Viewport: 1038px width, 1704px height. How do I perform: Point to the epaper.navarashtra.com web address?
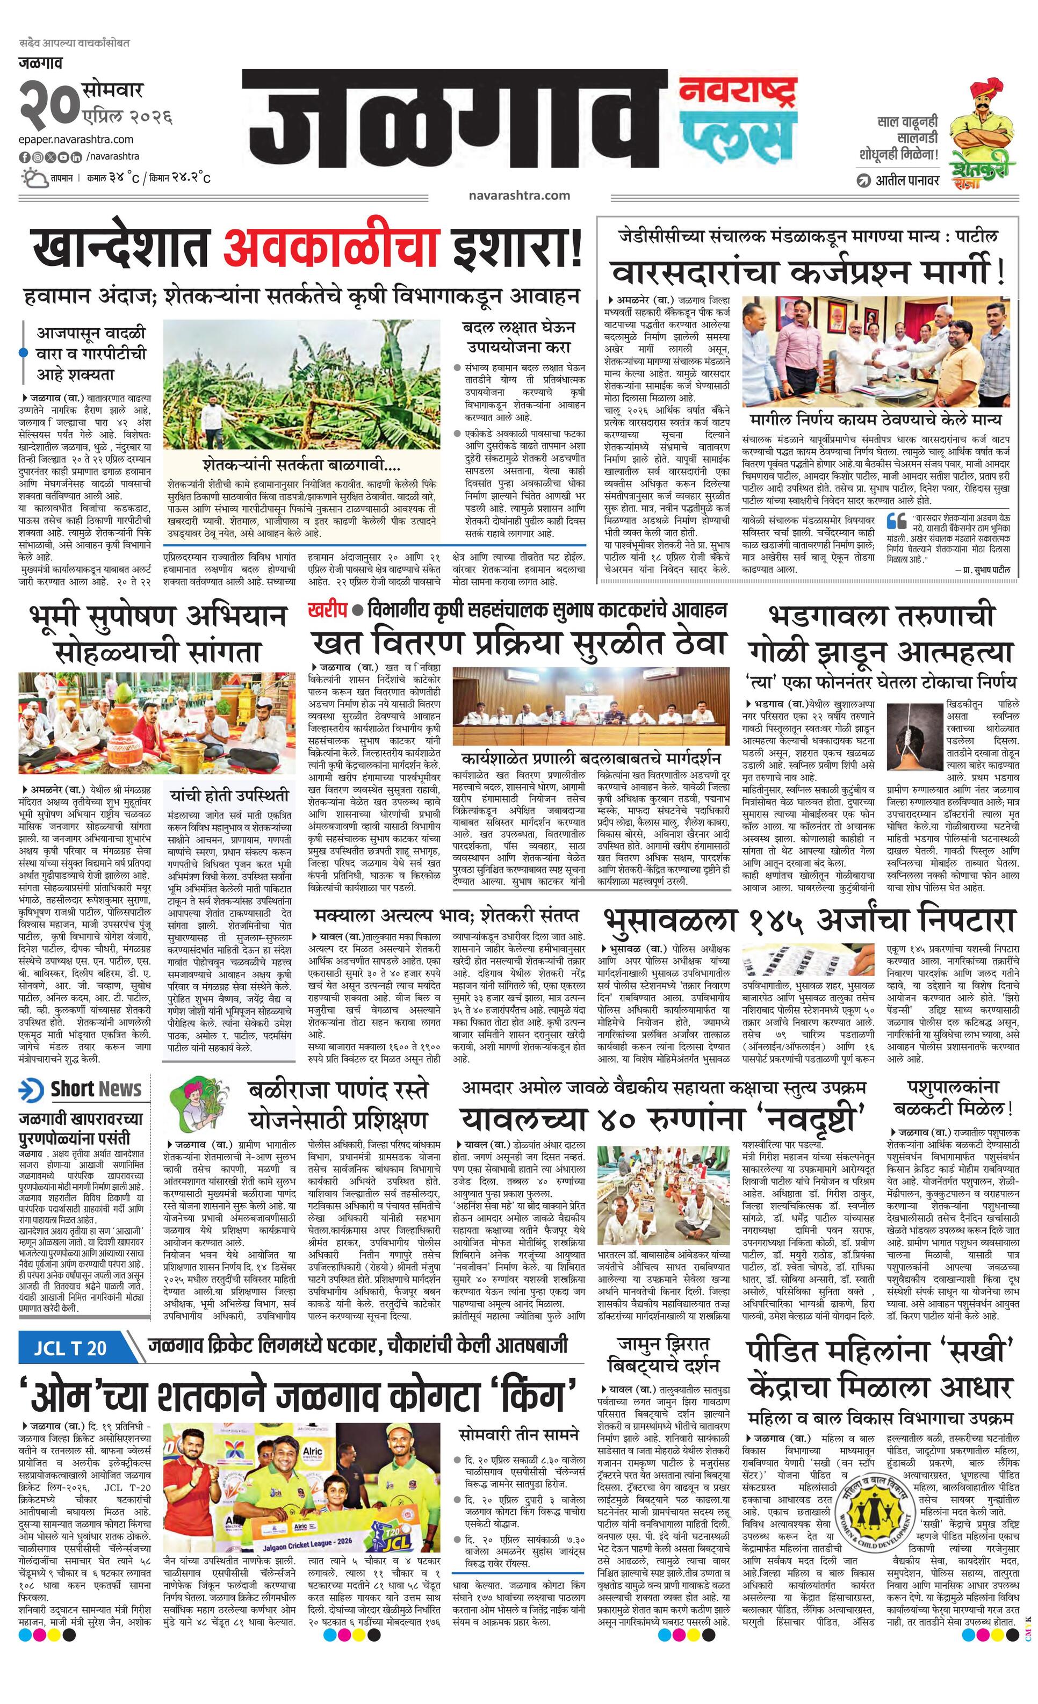tap(76, 139)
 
